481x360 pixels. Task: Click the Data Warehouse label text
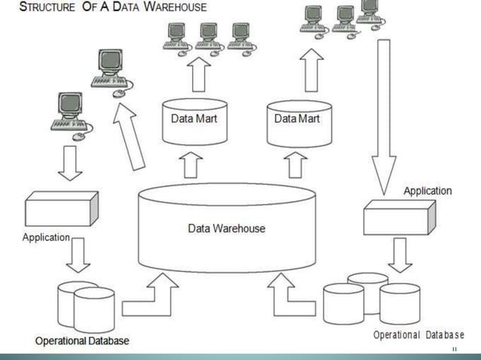[226, 228]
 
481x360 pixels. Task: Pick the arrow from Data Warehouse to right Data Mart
[297, 163]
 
